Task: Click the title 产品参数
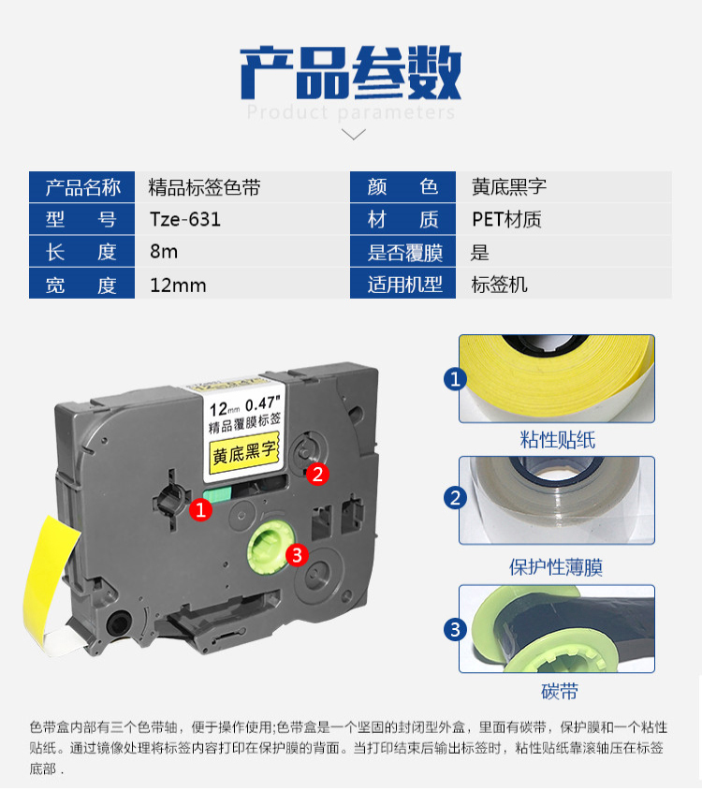[x=350, y=72]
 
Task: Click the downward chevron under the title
[x=354, y=134]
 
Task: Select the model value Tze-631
[x=185, y=219]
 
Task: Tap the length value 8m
[x=164, y=251]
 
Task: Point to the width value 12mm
[x=178, y=286]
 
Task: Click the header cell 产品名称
[x=82, y=187]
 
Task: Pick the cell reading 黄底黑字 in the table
[x=509, y=187]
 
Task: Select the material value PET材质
[x=506, y=219]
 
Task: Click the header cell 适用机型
[x=403, y=285]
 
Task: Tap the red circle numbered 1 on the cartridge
[x=200, y=510]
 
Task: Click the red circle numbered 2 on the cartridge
[x=317, y=475]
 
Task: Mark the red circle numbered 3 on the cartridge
[x=297, y=555]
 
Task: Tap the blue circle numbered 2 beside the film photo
[x=455, y=498]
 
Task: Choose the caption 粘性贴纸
[x=557, y=440]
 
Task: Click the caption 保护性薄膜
[x=556, y=567]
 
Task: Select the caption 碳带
[x=560, y=691]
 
